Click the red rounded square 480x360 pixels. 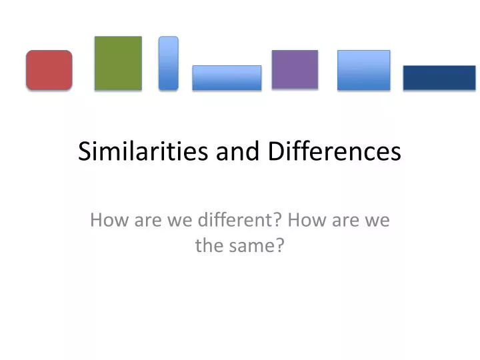tap(49, 70)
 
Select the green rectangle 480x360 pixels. tap(118, 63)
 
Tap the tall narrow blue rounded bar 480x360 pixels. tap(169, 63)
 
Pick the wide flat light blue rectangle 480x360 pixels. tap(227, 78)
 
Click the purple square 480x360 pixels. tap(295, 69)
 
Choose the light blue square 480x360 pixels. tap(363, 70)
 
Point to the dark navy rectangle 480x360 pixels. tap(439, 77)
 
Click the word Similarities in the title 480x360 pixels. tap(144, 152)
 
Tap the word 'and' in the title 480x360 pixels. tap(238, 152)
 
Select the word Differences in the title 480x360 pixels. tap(335, 152)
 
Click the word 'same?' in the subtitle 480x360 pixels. tap(255, 246)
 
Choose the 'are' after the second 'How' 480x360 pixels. tap(341, 220)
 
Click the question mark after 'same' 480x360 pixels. tap(281, 246)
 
